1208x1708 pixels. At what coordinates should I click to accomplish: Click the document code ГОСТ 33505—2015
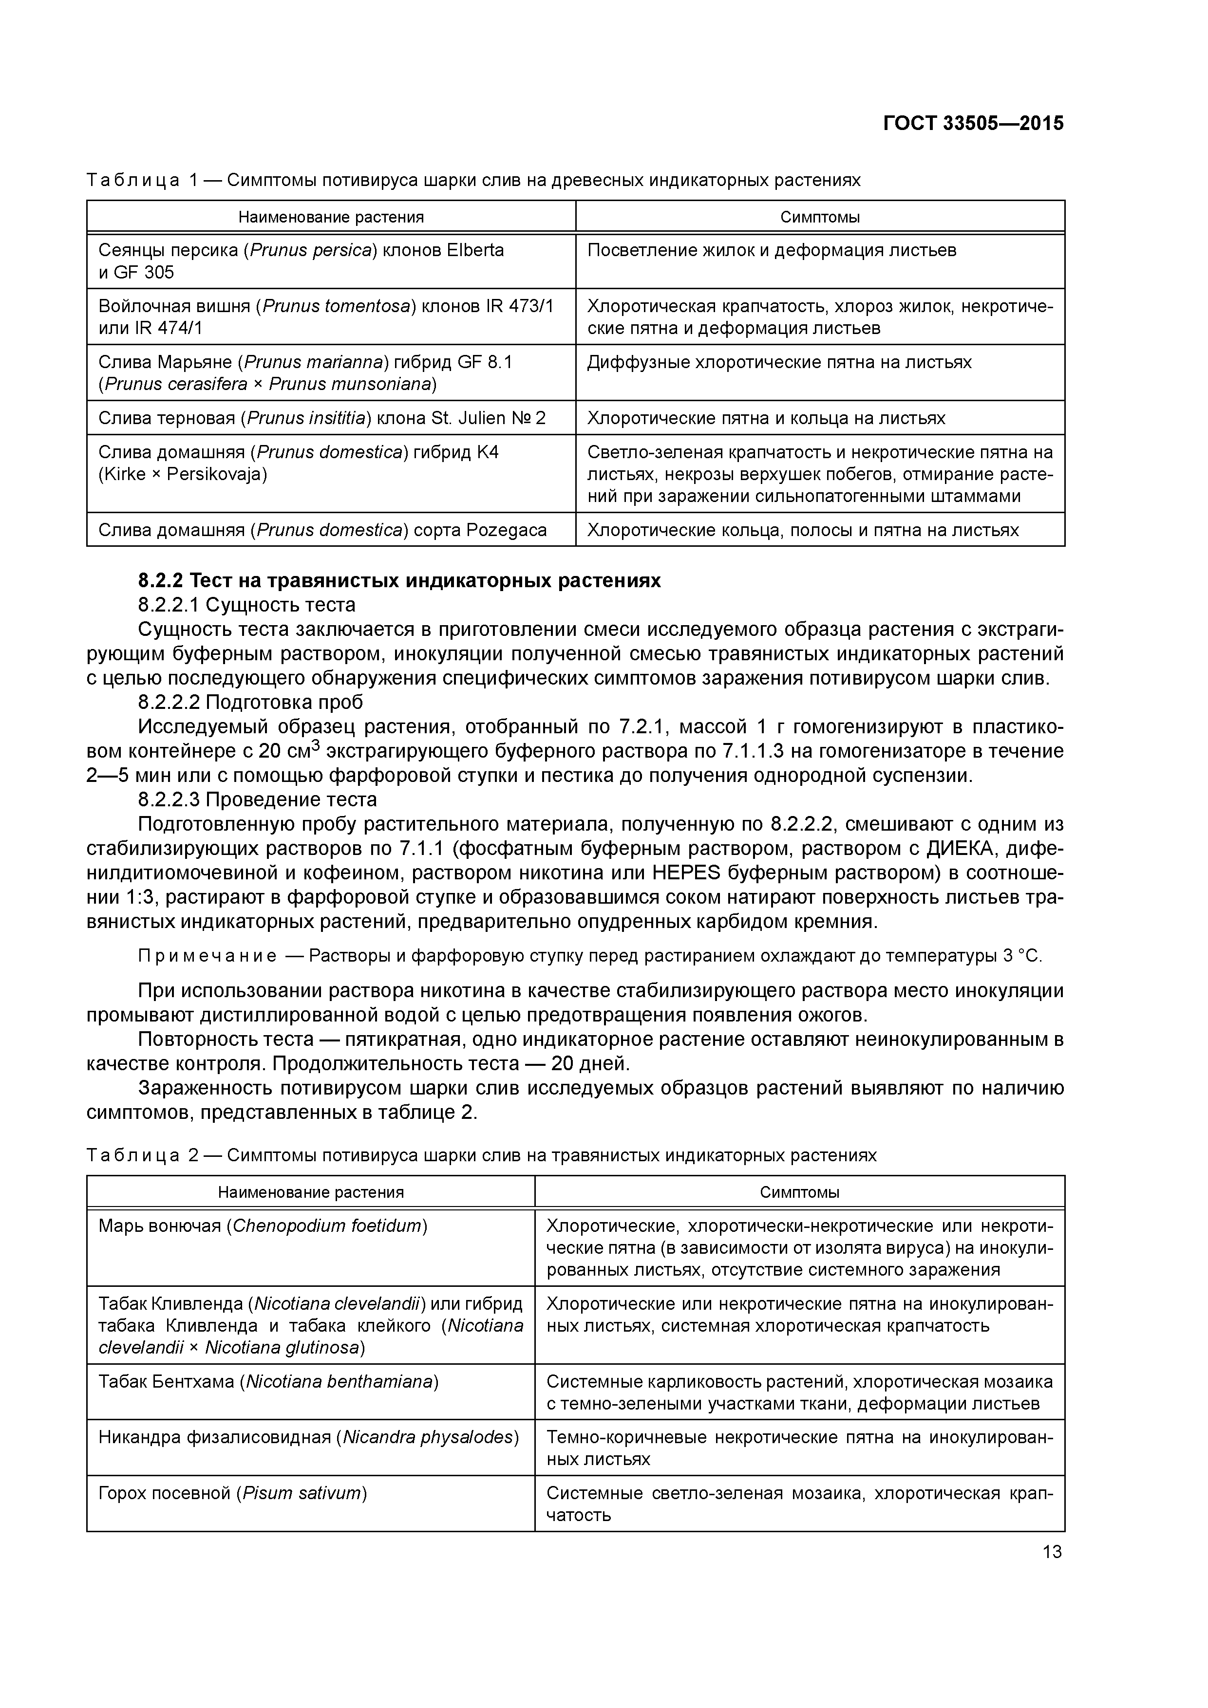tap(973, 124)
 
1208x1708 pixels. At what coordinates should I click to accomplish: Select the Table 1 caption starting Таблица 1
tap(473, 180)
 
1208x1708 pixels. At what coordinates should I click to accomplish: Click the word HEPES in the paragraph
tap(682, 873)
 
